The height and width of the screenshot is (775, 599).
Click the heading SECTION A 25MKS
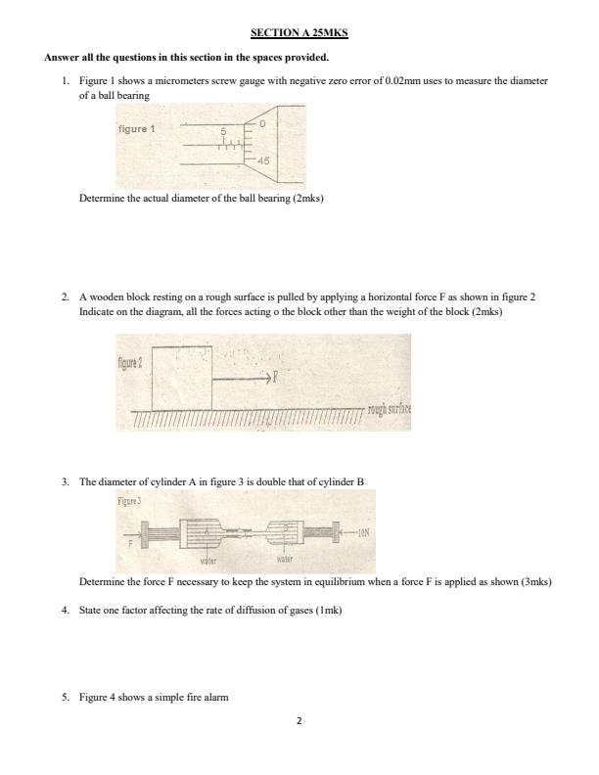(x=299, y=33)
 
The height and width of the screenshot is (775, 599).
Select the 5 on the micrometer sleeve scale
(x=223, y=132)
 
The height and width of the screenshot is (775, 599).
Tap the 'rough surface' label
(x=390, y=409)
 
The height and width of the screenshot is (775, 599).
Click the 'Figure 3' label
(x=129, y=499)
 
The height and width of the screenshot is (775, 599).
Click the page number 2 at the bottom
(x=299, y=721)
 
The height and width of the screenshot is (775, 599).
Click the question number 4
(x=65, y=610)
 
